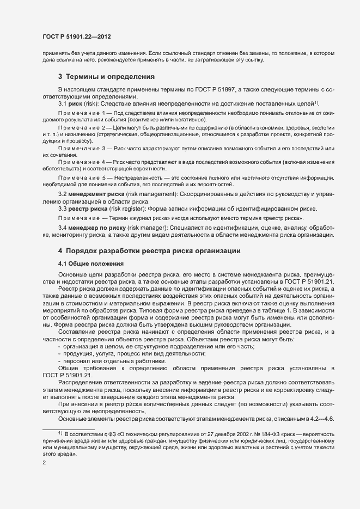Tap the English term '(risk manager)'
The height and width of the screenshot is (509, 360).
142,227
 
